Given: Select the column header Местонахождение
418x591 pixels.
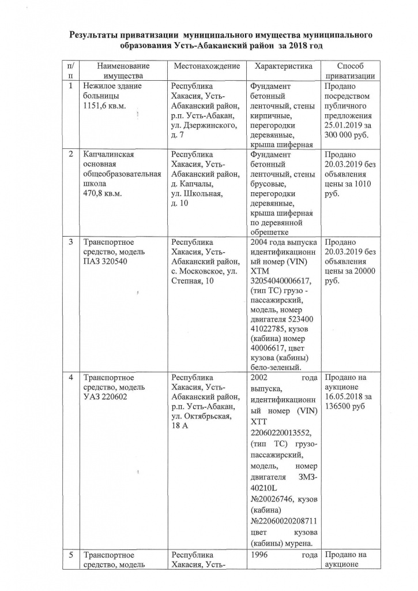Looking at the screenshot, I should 207,66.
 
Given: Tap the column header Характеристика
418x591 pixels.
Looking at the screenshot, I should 284,66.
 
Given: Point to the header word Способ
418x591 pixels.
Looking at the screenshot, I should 351,66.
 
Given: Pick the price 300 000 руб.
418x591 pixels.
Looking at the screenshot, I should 345,135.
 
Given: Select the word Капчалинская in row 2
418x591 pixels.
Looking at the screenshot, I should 109,155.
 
